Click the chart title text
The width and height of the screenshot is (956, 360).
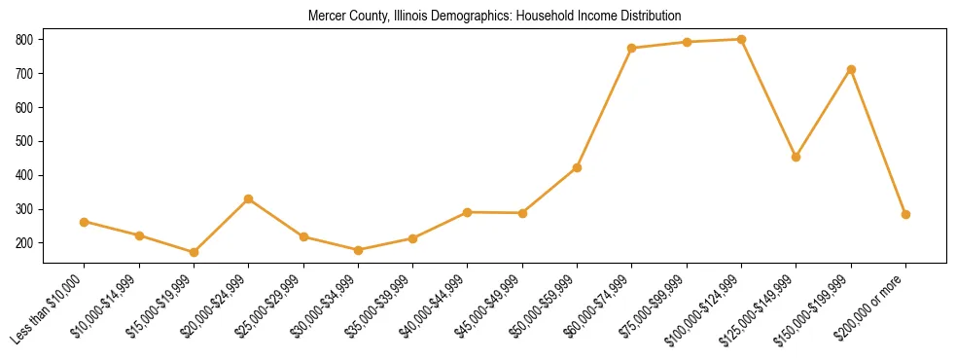pyautogui.click(x=494, y=16)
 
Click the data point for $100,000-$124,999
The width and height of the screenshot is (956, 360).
pyautogui.click(x=742, y=40)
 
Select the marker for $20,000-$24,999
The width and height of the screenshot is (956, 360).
pyautogui.click(x=248, y=198)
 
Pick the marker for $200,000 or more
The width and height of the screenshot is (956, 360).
pyautogui.click(x=905, y=214)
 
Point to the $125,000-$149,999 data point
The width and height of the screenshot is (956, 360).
pyautogui.click(x=797, y=157)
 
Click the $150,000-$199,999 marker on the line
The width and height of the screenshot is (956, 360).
pyautogui.click(x=851, y=69)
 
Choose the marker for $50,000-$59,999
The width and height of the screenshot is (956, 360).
pyautogui.click(x=578, y=167)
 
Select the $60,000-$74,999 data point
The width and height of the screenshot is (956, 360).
pyautogui.click(x=632, y=48)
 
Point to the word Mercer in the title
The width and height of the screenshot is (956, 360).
pyautogui.click(x=325, y=16)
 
